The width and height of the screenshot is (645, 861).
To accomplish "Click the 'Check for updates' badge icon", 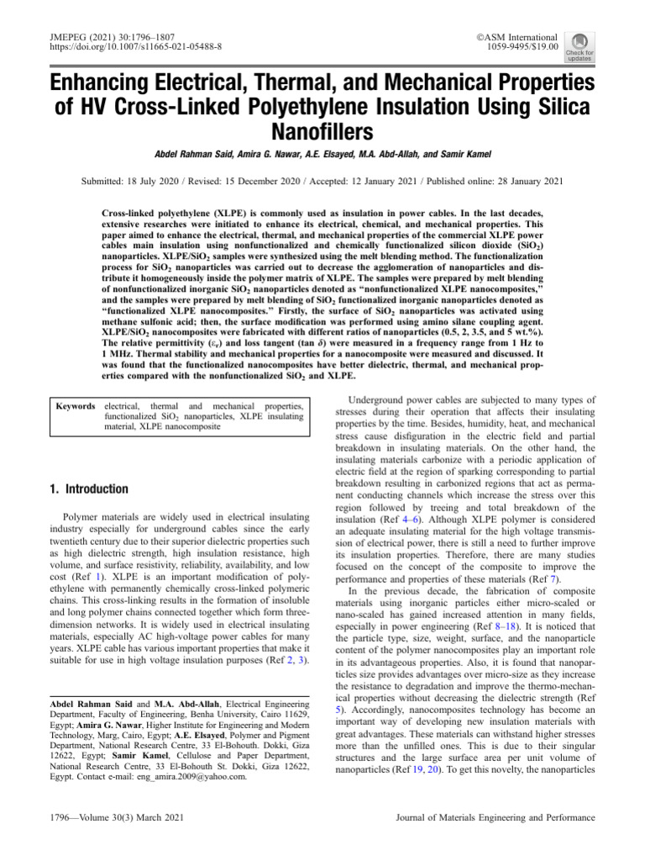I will tap(579, 46).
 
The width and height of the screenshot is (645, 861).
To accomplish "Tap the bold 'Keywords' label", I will tap(75, 406).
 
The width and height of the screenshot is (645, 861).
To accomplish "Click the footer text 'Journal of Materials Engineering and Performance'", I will tap(496, 817).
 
